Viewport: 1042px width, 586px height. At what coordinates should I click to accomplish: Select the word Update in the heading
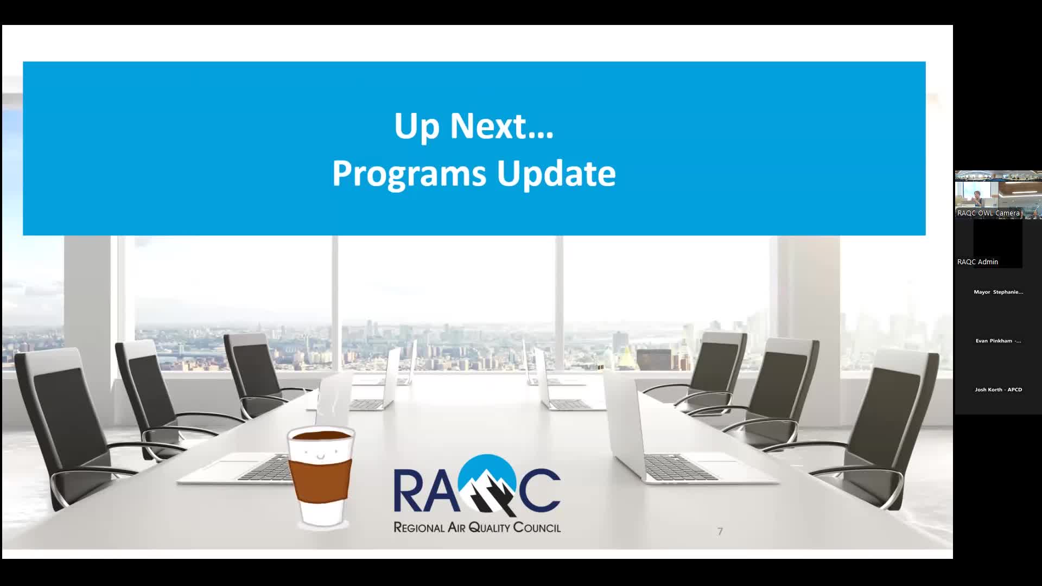[556, 174]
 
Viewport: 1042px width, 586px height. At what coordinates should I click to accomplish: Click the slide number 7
[720, 532]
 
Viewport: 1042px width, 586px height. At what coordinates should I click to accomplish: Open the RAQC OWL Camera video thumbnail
[997, 194]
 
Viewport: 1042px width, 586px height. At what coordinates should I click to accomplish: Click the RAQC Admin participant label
[977, 262]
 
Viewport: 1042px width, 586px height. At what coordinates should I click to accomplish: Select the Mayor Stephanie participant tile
[998, 292]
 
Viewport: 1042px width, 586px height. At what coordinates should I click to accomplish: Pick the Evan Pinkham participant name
[998, 341]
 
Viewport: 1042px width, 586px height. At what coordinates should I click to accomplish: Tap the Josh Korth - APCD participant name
[998, 390]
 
